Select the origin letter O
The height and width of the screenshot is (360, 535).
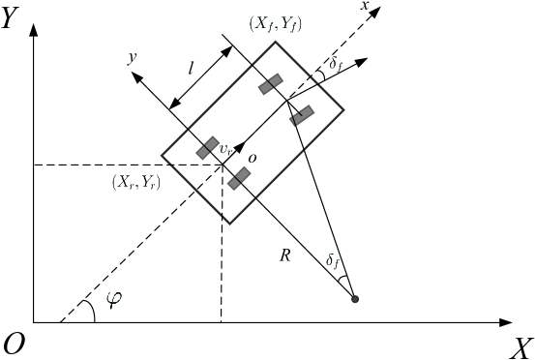click(x=15, y=345)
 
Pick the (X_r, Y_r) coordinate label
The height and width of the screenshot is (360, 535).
click(x=135, y=182)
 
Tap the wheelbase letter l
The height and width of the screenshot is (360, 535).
click(x=193, y=68)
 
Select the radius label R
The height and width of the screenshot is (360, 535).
click(x=284, y=255)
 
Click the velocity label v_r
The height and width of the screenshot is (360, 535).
click(x=224, y=150)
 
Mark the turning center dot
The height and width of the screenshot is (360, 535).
click(x=355, y=298)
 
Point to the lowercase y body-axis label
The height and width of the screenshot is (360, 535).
click(x=132, y=57)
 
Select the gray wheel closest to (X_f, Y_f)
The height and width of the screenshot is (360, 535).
click(x=270, y=84)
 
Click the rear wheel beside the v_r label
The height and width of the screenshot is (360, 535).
click(x=208, y=147)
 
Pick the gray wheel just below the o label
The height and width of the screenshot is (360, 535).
click(x=239, y=178)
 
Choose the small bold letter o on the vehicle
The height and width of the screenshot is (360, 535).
click(x=252, y=157)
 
